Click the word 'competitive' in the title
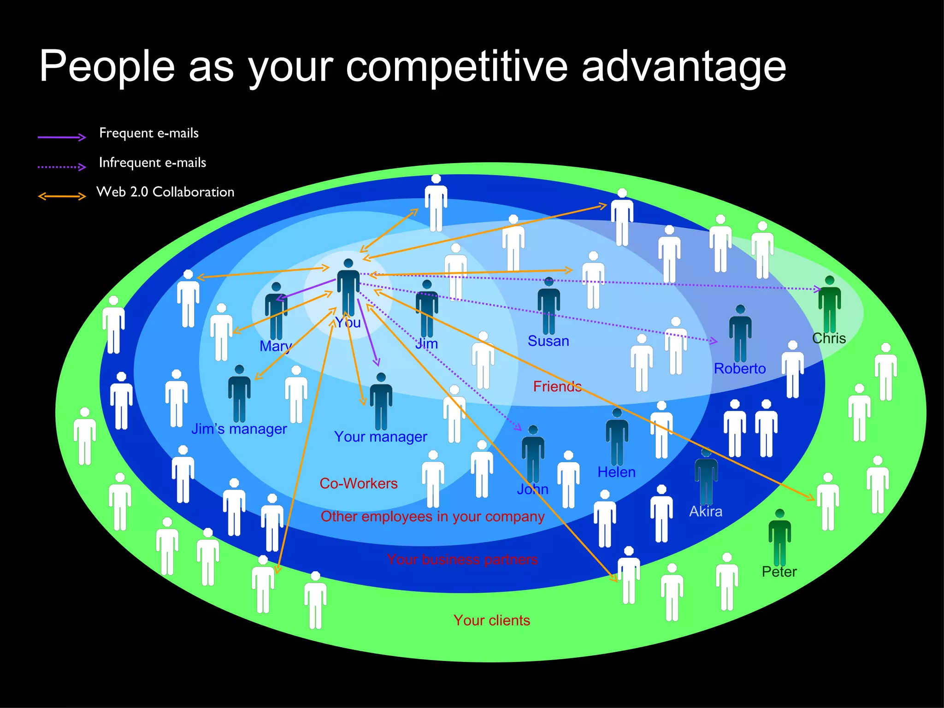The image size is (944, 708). (456, 67)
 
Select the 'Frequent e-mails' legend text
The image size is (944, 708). (148, 133)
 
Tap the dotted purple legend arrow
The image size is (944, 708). (62, 166)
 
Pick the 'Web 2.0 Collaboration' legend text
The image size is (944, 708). (165, 192)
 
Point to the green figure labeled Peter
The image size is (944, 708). (779, 537)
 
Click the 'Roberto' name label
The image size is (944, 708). (739, 369)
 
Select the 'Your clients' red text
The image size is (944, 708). (491, 620)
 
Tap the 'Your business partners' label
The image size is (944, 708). (462, 560)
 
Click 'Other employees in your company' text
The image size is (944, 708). (432, 517)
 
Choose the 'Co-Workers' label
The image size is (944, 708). (358, 484)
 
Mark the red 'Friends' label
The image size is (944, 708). (557, 386)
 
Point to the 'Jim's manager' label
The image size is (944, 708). (239, 429)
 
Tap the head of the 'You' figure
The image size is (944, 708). (348, 263)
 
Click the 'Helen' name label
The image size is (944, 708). (616, 472)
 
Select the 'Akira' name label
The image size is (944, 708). (705, 512)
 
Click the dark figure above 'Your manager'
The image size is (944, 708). (381, 401)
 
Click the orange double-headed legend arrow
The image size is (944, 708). (62, 196)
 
